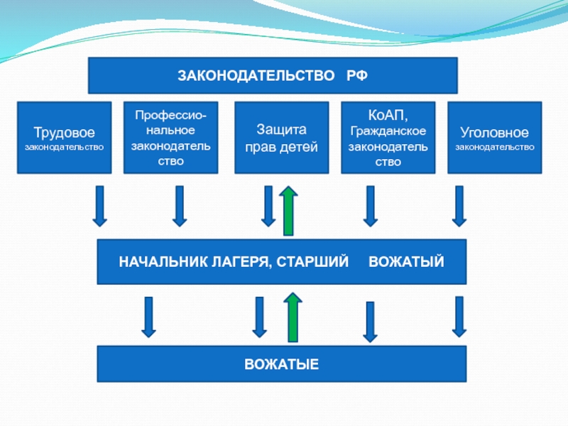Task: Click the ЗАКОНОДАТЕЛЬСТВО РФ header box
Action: [273, 75]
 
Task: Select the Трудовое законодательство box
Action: [65, 138]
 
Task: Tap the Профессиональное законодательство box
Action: [170, 138]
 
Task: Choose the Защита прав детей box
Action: [281, 138]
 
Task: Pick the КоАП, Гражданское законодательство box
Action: [388, 138]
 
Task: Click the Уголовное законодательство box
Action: [494, 138]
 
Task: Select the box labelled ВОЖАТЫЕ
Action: [281, 364]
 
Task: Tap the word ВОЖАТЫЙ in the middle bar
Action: [406, 262]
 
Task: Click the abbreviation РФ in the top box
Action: [357, 75]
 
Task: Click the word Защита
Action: [281, 131]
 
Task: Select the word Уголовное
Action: [494, 133]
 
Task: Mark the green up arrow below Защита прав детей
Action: [288, 210]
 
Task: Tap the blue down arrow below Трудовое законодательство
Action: [100, 206]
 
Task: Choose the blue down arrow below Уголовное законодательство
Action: [459, 206]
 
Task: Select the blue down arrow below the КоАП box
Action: [369, 206]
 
